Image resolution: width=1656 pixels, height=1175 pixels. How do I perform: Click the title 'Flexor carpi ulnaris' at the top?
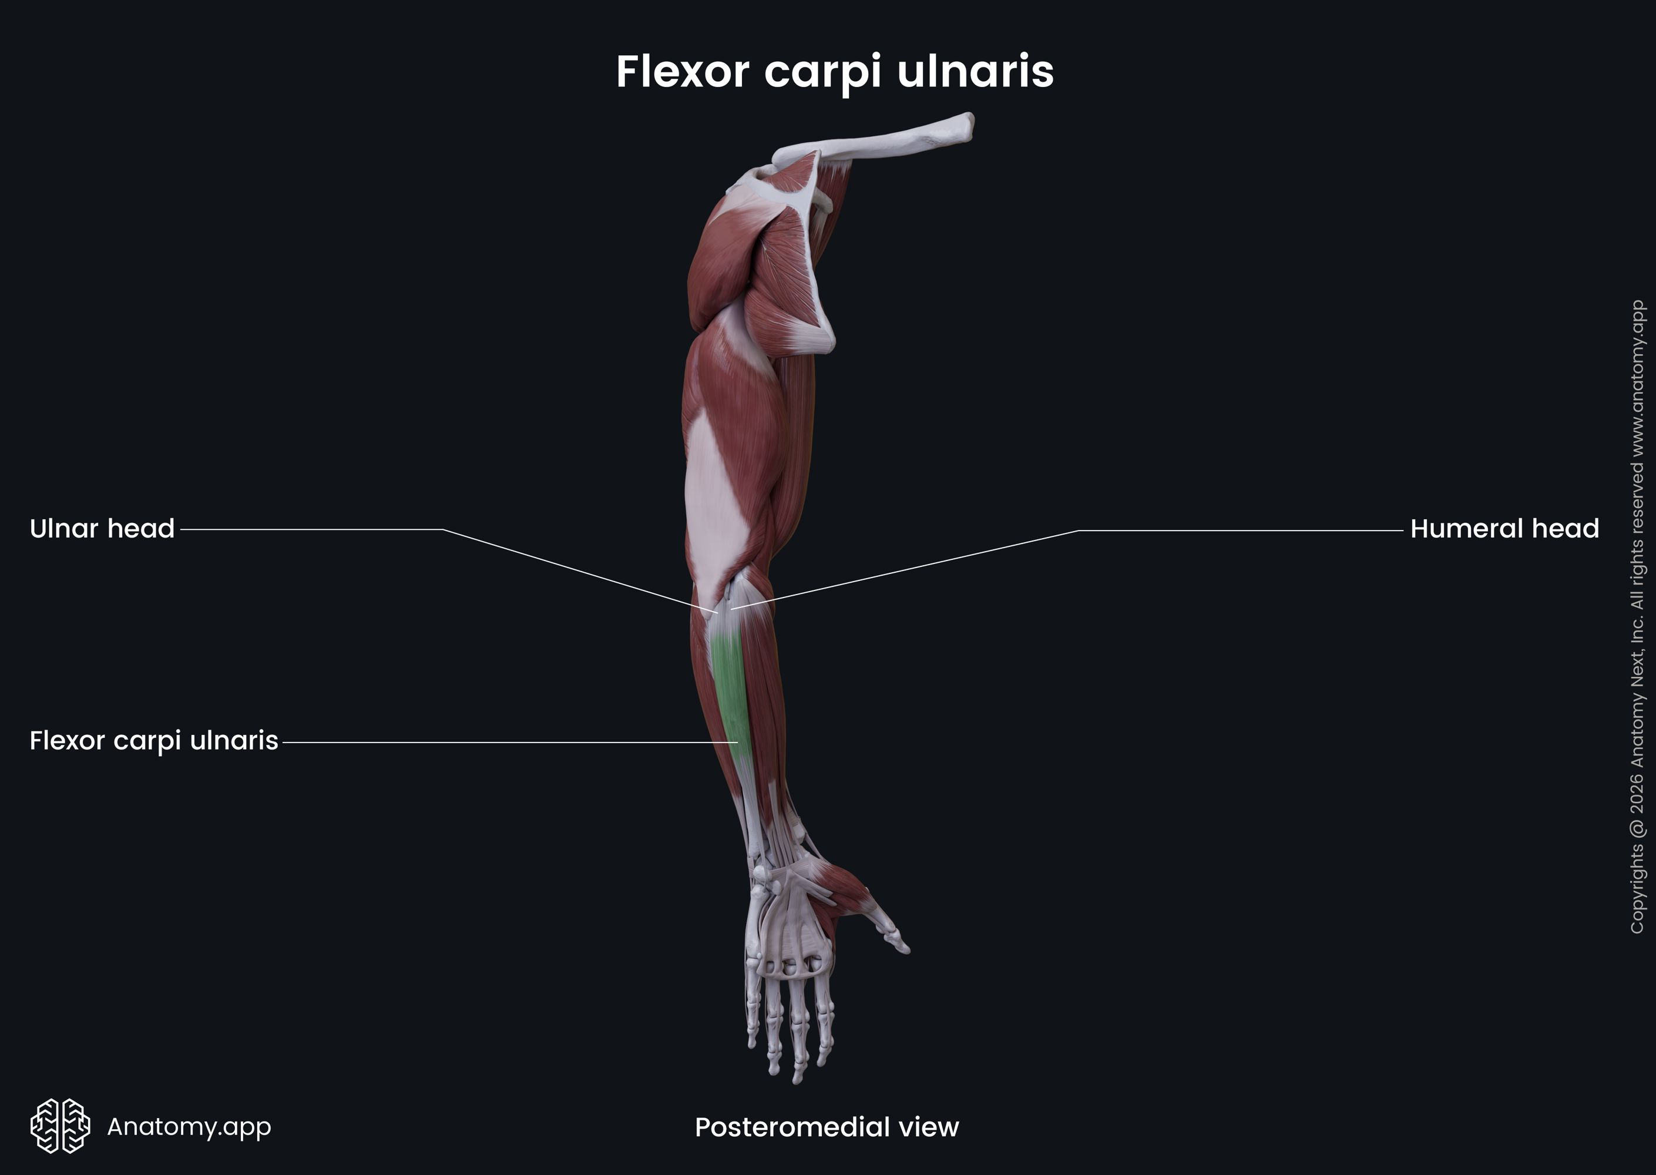coord(834,72)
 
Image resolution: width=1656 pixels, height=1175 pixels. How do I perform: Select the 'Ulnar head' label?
coord(102,529)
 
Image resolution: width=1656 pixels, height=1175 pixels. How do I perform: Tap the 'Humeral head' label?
coord(1504,529)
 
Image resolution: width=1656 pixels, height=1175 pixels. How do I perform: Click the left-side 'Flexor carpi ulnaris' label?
coord(153,741)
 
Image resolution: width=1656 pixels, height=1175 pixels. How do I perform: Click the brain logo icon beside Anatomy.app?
coord(60,1126)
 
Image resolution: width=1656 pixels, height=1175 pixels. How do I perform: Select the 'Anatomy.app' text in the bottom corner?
coord(189,1126)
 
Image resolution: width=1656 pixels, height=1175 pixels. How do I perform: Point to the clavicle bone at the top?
coord(890,137)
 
